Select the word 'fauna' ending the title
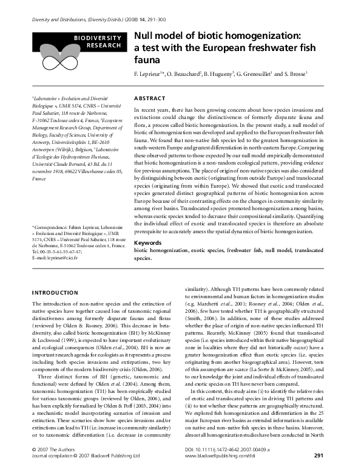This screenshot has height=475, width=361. coord(146,61)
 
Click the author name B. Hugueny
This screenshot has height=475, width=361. coord(220,74)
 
